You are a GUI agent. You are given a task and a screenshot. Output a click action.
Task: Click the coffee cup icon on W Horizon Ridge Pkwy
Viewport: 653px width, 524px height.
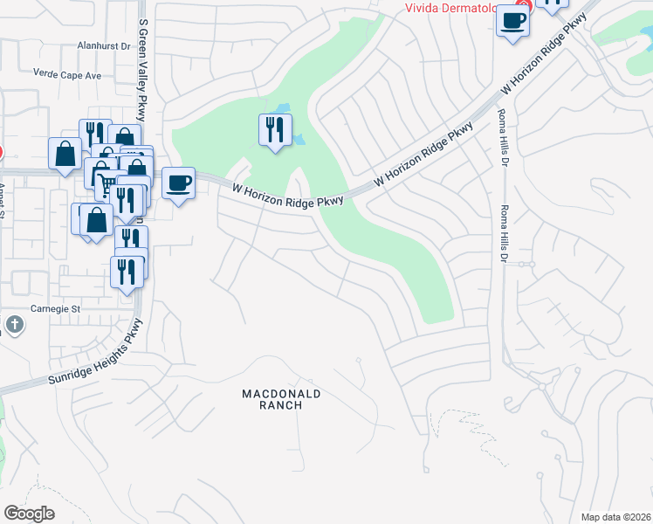point(179,183)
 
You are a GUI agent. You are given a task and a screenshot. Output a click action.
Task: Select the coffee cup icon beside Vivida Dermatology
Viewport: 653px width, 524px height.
point(512,21)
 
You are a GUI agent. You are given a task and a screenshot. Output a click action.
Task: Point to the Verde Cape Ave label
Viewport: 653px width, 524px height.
point(67,75)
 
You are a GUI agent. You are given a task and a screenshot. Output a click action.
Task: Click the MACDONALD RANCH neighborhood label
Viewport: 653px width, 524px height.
point(281,399)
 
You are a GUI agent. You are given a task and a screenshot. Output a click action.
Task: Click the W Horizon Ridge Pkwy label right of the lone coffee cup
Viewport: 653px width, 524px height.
point(287,191)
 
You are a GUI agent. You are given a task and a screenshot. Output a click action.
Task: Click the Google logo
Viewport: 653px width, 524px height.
point(29,514)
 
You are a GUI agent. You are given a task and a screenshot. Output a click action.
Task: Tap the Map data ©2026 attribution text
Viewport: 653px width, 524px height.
point(615,517)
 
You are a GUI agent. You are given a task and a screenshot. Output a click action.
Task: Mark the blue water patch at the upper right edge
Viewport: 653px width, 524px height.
point(640,57)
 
